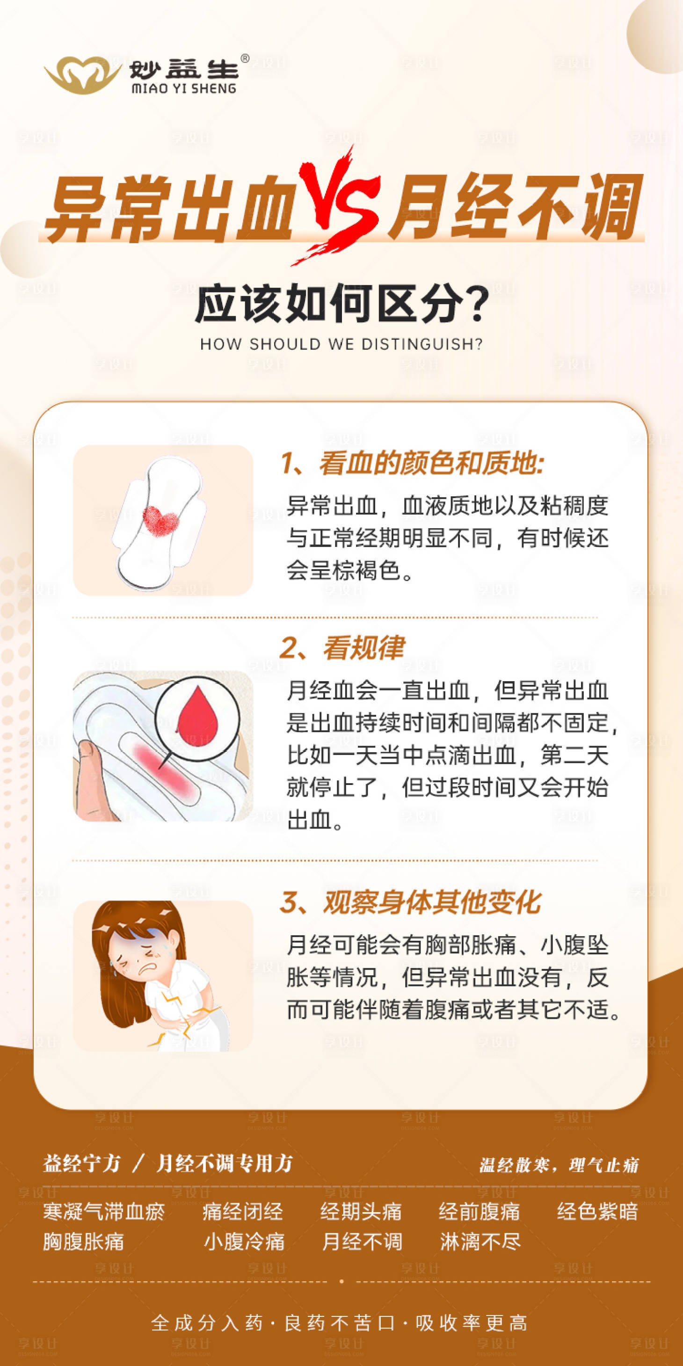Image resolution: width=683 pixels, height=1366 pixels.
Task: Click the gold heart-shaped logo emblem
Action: pos(82,74)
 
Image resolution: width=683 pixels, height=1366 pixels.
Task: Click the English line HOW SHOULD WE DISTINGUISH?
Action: pos(341,344)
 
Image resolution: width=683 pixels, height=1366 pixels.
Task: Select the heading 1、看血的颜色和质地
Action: pos(413,463)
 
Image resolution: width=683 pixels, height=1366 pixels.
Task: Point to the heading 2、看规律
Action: pos(342,647)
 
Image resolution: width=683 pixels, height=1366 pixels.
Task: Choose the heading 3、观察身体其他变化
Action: pos(410,902)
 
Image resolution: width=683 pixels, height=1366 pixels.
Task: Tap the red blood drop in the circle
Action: pos(197,716)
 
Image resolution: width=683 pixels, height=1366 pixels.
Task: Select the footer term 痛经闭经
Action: pos(242,1212)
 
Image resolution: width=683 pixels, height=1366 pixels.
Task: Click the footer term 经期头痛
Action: pos(361,1212)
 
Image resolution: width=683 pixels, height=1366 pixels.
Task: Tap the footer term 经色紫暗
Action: pos(597,1212)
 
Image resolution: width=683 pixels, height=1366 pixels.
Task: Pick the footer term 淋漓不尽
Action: pos(480,1242)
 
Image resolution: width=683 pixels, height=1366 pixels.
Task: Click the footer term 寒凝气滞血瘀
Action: pos(104,1212)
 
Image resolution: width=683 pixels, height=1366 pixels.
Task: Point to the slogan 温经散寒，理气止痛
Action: pos(559,1165)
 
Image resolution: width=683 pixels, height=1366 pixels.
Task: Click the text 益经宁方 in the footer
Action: pos(82,1164)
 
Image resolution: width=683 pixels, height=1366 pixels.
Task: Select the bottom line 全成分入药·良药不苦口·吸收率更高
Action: pos(339,1323)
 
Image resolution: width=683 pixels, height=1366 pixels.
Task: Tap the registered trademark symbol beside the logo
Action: pos(245,59)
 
